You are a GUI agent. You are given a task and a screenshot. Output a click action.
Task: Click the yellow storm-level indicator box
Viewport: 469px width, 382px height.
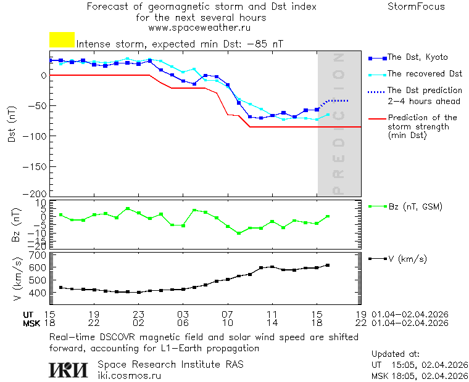[62, 40]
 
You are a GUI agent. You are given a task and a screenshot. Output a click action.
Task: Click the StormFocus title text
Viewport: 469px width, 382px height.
[416, 7]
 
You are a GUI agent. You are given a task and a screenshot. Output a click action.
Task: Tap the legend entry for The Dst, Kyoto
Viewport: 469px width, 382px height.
[417, 57]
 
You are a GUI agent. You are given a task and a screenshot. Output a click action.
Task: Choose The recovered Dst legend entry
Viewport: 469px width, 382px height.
[425, 74]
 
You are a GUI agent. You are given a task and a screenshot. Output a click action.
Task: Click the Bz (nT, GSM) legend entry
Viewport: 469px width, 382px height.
[415, 206]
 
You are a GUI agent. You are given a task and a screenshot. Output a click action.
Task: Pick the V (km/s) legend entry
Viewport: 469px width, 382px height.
[407, 259]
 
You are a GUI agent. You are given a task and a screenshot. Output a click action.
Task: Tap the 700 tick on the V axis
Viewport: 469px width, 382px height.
[39, 255]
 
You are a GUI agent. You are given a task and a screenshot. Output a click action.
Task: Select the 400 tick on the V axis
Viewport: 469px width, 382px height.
[39, 293]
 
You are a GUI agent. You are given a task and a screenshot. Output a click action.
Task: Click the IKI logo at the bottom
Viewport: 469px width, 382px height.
[68, 370]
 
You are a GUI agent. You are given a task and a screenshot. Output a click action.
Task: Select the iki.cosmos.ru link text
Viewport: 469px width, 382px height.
[129, 375]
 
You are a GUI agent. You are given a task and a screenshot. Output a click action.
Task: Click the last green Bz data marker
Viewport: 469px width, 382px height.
[328, 216]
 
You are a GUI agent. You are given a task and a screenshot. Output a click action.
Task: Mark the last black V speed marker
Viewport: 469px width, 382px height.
[328, 265]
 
